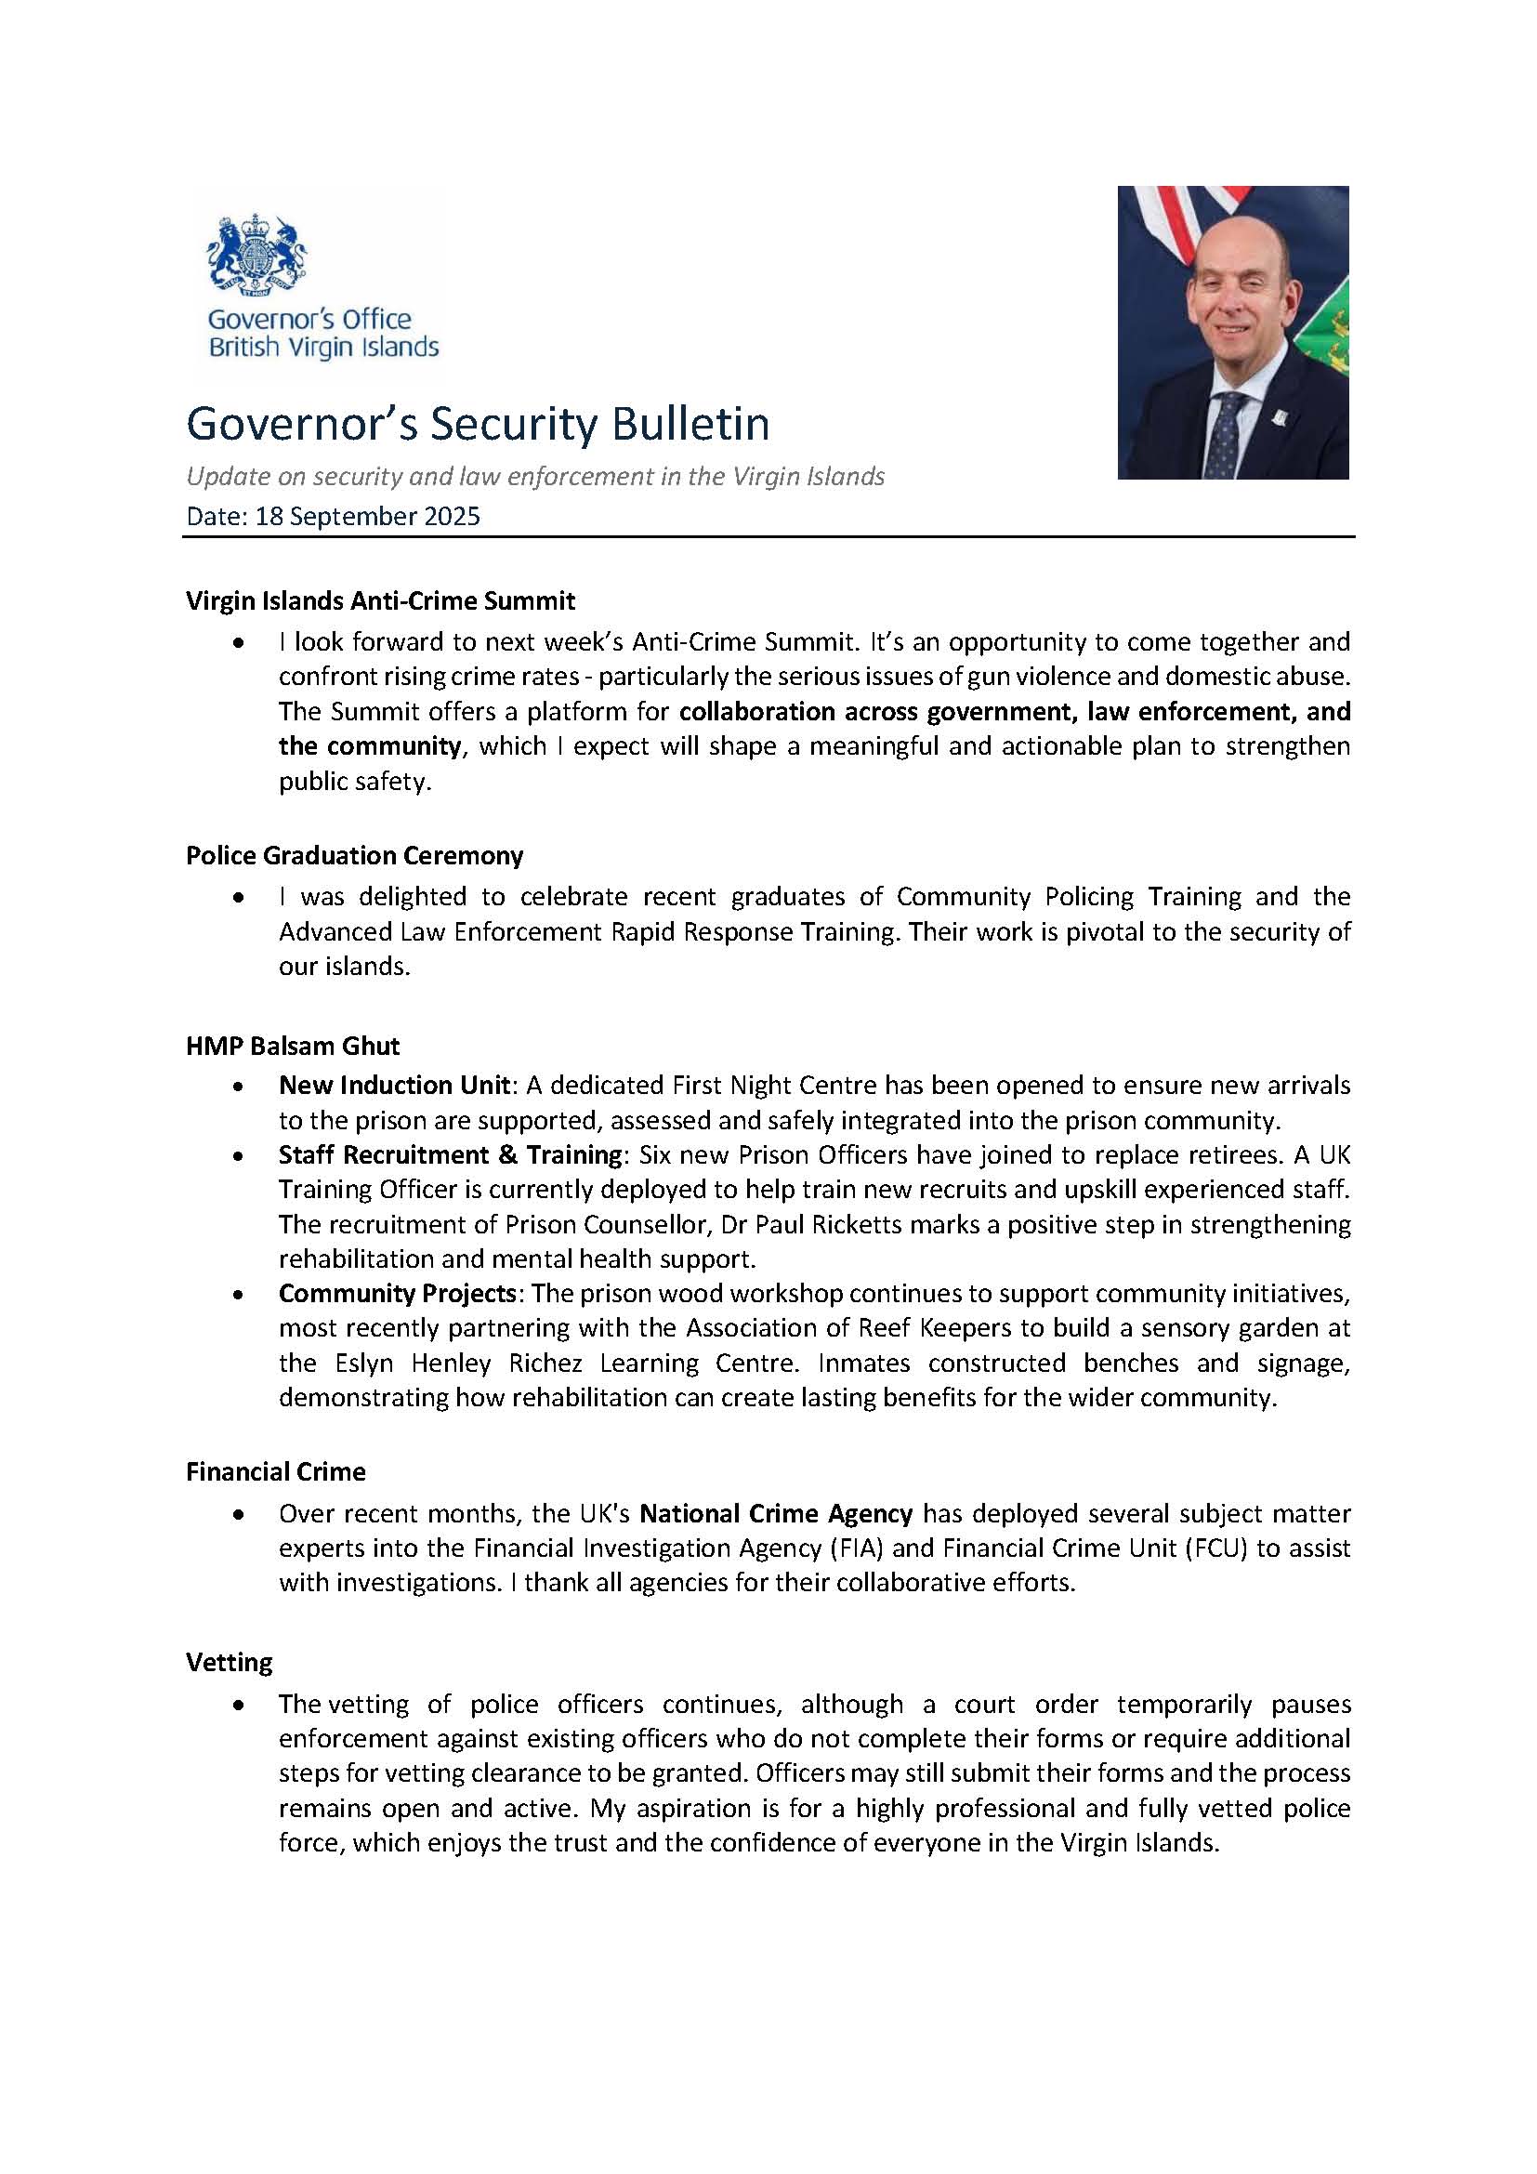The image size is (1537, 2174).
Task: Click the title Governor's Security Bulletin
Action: pyautogui.click(x=477, y=424)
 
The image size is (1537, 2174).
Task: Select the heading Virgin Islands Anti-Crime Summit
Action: pyautogui.click(x=380, y=600)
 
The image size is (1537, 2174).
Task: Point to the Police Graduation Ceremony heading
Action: pyautogui.click(x=354, y=855)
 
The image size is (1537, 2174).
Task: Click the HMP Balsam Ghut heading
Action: pyautogui.click(x=293, y=1046)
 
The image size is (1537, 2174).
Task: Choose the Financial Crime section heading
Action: pyautogui.click(x=275, y=1471)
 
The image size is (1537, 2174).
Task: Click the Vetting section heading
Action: pyautogui.click(x=229, y=1662)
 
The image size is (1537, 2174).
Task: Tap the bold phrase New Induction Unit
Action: pyautogui.click(x=394, y=1085)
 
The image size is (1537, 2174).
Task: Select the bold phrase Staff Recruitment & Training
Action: pyautogui.click(x=450, y=1154)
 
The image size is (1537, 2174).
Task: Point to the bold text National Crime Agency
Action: pyautogui.click(x=776, y=1513)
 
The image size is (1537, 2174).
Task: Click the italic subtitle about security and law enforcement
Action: pyautogui.click(x=534, y=476)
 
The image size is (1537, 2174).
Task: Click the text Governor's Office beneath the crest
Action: pyautogui.click(x=309, y=319)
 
